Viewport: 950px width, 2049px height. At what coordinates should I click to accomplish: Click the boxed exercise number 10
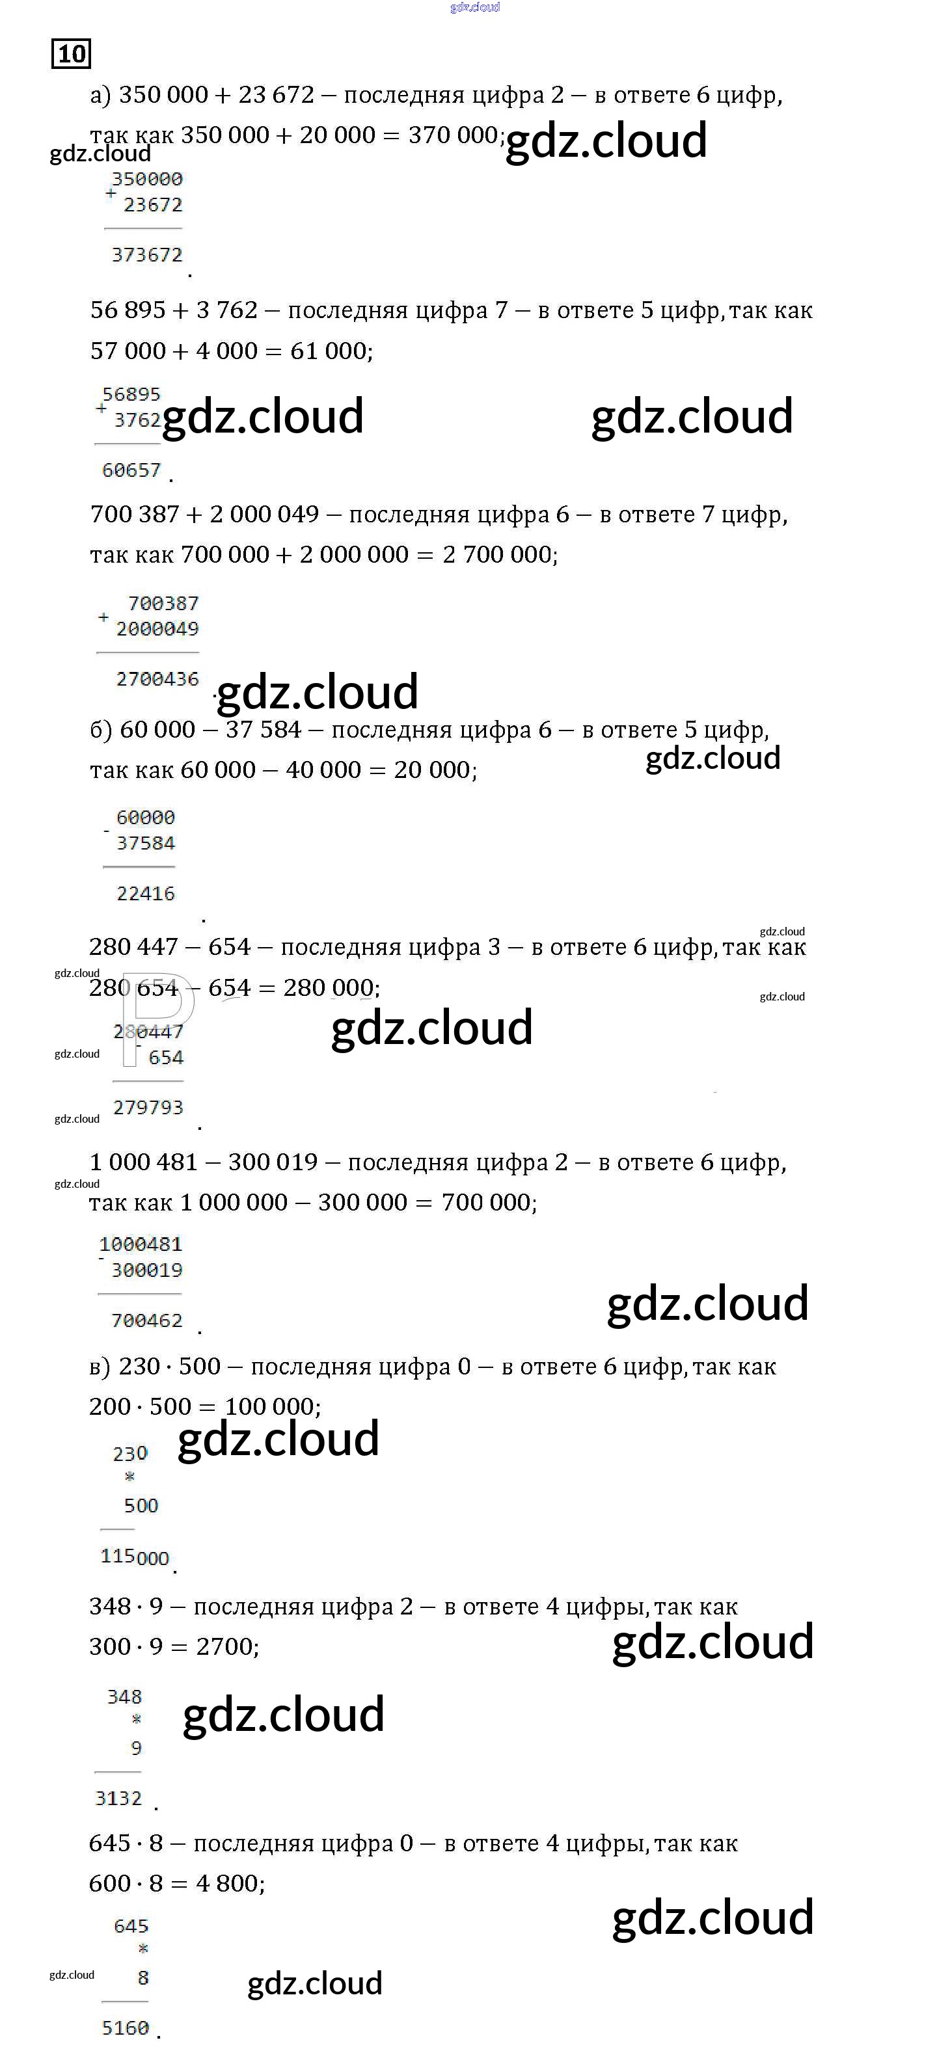click(x=71, y=54)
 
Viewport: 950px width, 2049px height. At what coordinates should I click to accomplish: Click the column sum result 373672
click(x=147, y=254)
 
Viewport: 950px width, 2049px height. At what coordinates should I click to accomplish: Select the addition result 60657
click(x=131, y=470)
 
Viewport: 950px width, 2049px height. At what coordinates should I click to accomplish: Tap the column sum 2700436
click(x=157, y=678)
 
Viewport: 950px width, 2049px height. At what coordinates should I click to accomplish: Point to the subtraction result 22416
click(x=146, y=893)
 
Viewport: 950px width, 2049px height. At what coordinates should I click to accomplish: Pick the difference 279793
click(x=148, y=1107)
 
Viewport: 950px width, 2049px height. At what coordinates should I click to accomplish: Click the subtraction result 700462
click(x=147, y=1320)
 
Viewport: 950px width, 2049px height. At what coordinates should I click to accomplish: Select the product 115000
click(x=135, y=1557)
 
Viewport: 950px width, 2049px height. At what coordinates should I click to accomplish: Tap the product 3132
click(x=118, y=1798)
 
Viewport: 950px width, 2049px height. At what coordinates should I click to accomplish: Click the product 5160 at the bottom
click(x=126, y=2028)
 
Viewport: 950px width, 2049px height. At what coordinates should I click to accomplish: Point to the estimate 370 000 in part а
click(x=453, y=135)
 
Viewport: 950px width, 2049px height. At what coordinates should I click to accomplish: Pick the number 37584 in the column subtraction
click(x=146, y=843)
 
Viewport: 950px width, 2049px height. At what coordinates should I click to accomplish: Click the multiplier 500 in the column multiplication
click(x=141, y=1506)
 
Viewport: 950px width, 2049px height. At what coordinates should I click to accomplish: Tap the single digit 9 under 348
click(x=136, y=1748)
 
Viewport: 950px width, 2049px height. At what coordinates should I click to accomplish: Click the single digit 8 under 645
click(x=143, y=1977)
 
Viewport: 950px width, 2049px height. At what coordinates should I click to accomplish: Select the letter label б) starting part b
click(x=100, y=729)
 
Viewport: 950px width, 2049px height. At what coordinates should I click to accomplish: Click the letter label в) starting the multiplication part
click(x=100, y=1367)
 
